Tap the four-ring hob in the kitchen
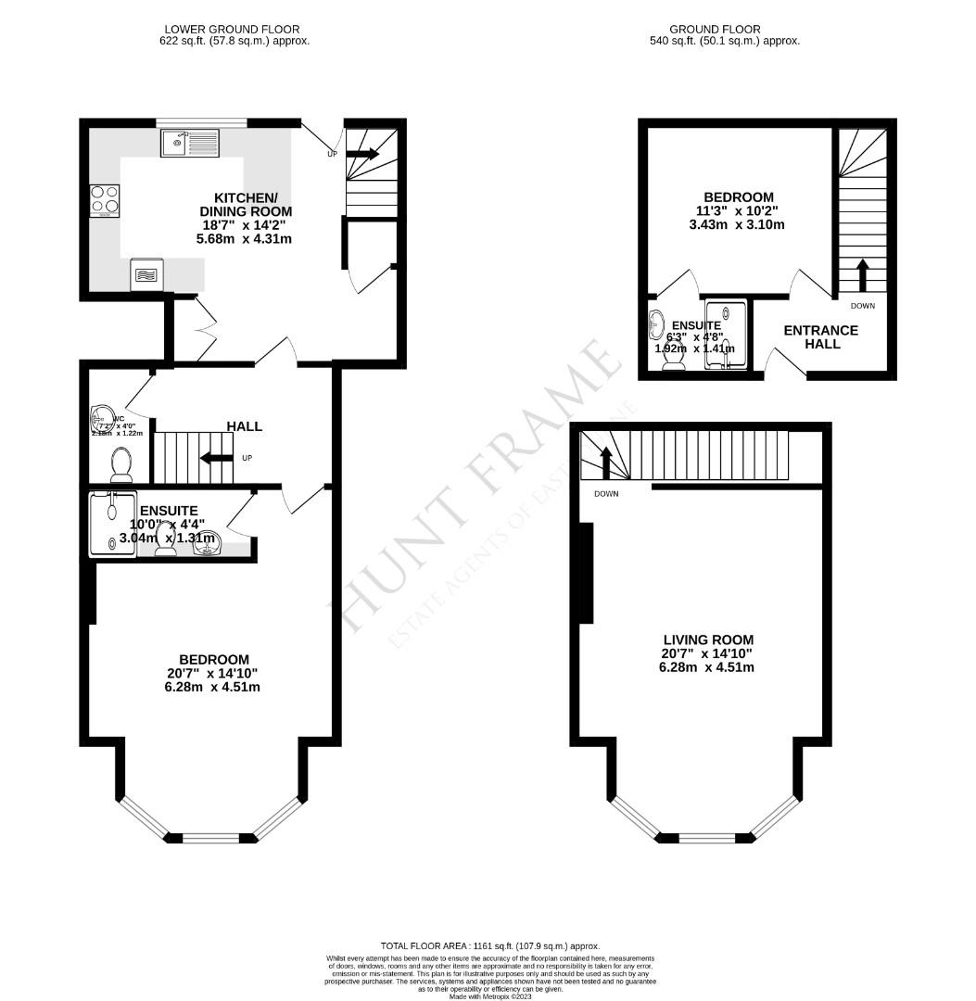(104, 200)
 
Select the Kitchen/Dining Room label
(246, 205)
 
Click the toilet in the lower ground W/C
(120, 462)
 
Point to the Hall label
(245, 426)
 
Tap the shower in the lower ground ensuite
(111, 525)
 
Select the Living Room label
(708, 640)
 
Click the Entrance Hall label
(821, 336)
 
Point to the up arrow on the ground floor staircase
(862, 275)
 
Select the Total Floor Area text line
(490, 944)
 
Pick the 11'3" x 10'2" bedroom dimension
(739, 211)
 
